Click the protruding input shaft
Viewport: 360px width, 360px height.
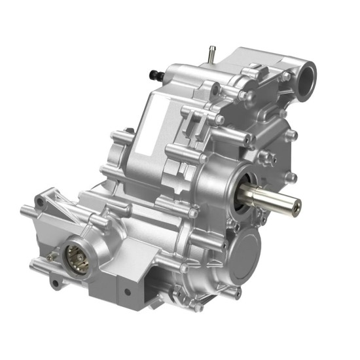point(275,198)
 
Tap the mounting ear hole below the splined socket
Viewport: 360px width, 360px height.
point(56,283)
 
